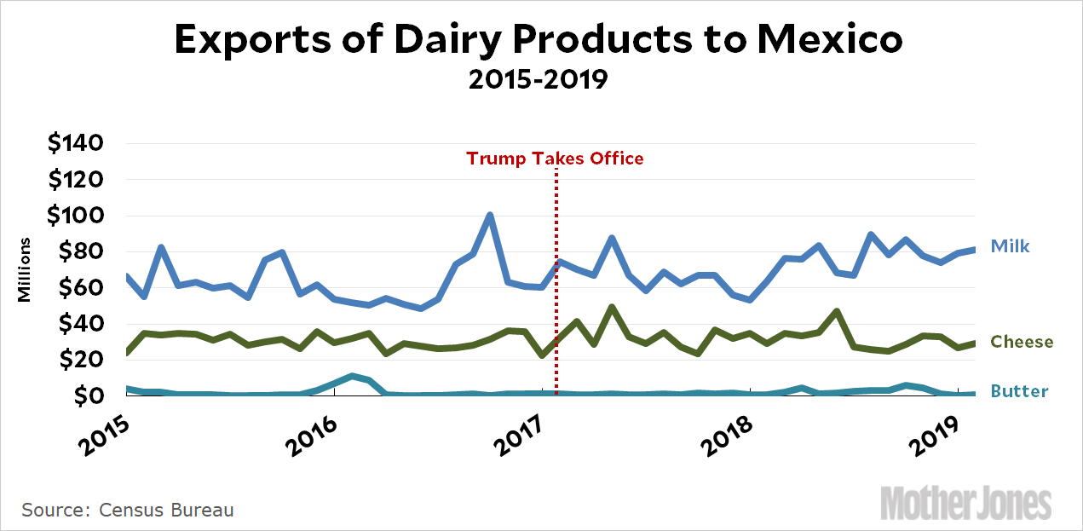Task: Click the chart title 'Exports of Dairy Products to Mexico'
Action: [538, 41]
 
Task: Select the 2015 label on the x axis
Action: [99, 435]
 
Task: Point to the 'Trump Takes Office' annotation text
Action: [555, 159]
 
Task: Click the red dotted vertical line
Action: [556, 281]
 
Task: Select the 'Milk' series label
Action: [1010, 247]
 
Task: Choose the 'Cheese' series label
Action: [1022, 342]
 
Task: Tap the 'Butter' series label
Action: [1019, 392]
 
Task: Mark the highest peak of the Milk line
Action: [490, 216]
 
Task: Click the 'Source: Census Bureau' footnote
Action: [128, 511]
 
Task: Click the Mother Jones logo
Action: [965, 502]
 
